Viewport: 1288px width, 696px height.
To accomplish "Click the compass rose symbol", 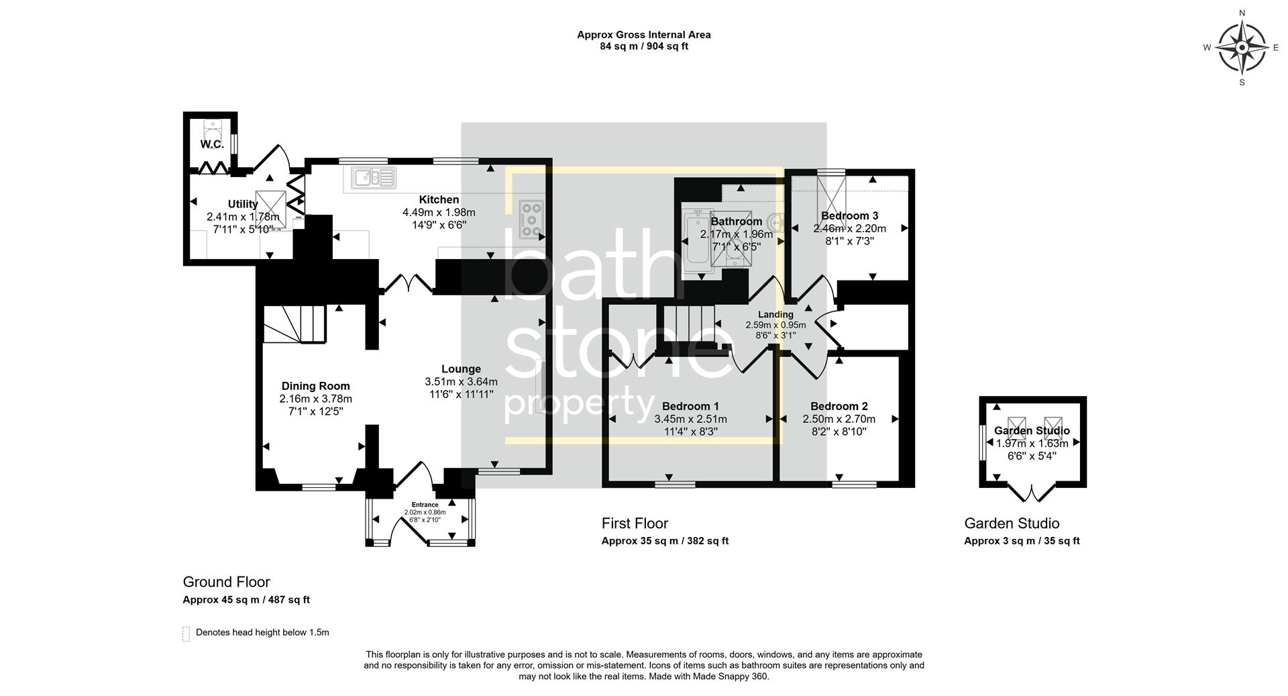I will tap(1241, 47).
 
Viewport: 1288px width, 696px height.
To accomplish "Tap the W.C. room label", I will tap(211, 144).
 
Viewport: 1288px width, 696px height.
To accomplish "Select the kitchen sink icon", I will tap(373, 178).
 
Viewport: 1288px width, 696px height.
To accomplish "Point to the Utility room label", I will tap(243, 204).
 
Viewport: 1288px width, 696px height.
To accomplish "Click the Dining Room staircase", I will tap(294, 325).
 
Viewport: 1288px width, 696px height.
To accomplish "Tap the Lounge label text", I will tap(461, 368).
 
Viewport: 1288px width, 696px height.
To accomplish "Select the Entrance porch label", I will tap(425, 505).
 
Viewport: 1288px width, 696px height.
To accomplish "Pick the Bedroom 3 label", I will tap(849, 215).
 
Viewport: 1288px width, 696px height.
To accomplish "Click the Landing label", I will tap(775, 314).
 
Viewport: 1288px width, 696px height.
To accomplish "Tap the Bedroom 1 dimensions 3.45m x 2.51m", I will tap(690, 419).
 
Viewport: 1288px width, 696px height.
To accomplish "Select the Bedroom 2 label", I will tap(839, 406).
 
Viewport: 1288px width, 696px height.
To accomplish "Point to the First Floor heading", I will tap(635, 523).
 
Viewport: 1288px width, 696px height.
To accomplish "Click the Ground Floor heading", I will tap(226, 582).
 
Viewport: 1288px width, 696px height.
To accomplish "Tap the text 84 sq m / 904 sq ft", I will tap(643, 46).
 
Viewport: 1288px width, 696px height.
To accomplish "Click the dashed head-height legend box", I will tap(186, 634).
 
